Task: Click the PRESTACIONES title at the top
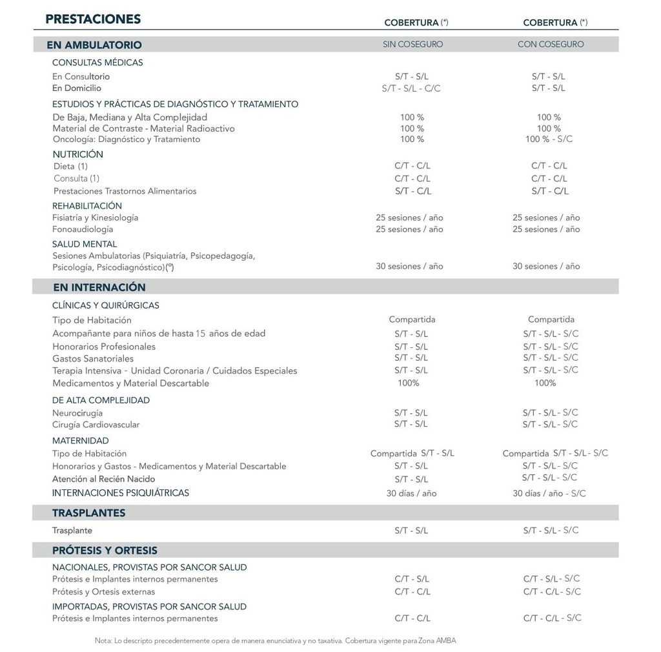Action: pyautogui.click(x=93, y=19)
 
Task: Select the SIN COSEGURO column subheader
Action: pyautogui.click(x=412, y=45)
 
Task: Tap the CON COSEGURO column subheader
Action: pyautogui.click(x=551, y=45)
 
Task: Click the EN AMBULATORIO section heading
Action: pyautogui.click(x=94, y=45)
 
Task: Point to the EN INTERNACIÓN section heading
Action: pyautogui.click(x=99, y=287)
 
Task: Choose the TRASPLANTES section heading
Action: pyautogui.click(x=89, y=513)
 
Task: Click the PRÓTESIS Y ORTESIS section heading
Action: pyautogui.click(x=105, y=551)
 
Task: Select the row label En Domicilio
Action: pyautogui.click(x=77, y=88)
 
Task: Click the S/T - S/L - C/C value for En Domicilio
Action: pyautogui.click(x=411, y=88)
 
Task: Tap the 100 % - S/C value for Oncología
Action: pyautogui.click(x=549, y=139)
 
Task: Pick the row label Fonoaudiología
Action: pyautogui.click(x=83, y=229)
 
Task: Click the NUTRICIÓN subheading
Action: pyautogui.click(x=77, y=154)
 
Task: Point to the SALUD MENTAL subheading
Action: pyautogui.click(x=85, y=244)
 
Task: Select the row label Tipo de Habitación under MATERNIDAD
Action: pyautogui.click(x=90, y=454)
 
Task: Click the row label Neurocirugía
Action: pyautogui.click(x=77, y=413)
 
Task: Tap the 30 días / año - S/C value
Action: pyautogui.click(x=549, y=493)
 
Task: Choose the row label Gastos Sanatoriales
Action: pyautogui.click(x=93, y=359)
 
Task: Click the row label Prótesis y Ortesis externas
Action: pyautogui.click(x=103, y=592)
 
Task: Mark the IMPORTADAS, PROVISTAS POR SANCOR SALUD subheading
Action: pyautogui.click(x=149, y=607)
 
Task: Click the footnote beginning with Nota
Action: pyautogui.click(x=275, y=641)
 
